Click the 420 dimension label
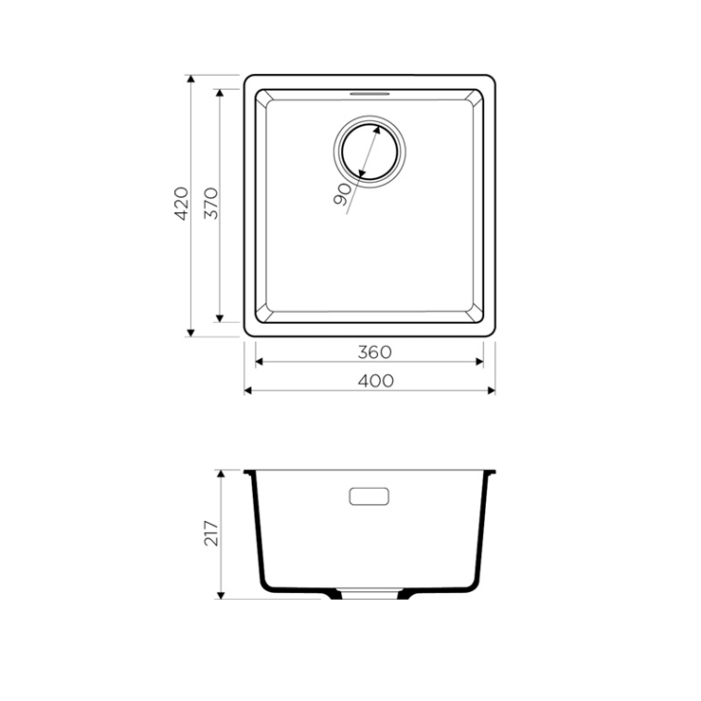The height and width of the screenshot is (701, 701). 181,204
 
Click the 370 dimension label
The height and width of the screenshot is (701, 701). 211,204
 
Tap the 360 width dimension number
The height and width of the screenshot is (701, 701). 374,352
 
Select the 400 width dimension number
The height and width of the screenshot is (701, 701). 376,382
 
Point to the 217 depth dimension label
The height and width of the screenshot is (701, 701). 211,533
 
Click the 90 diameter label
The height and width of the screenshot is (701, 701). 343,194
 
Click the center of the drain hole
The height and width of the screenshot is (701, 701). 369,152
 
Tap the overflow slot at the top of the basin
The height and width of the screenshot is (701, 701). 369,94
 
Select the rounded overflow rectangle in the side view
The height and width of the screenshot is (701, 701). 368,496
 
